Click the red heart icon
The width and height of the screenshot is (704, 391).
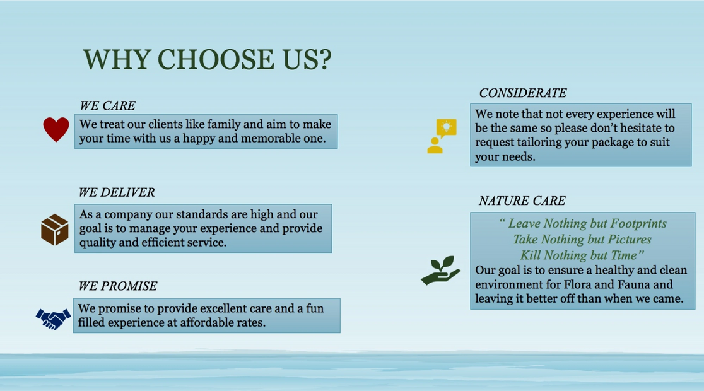(x=56, y=129)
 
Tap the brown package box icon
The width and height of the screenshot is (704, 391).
(x=55, y=230)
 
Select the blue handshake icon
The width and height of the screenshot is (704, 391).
(x=54, y=318)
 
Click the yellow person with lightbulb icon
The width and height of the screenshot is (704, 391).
(x=442, y=136)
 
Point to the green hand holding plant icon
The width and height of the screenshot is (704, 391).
(x=440, y=271)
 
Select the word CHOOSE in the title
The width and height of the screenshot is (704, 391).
(x=216, y=59)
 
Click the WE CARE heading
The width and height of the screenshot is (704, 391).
(x=107, y=105)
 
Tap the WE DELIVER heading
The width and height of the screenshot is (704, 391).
(x=117, y=192)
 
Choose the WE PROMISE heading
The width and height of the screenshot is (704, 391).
(x=117, y=286)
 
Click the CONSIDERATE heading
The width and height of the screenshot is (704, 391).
(x=523, y=93)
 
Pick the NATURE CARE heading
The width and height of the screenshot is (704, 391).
(x=522, y=201)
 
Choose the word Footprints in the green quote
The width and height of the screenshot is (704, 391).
(x=638, y=223)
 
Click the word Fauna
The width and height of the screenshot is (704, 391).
(x=633, y=284)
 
